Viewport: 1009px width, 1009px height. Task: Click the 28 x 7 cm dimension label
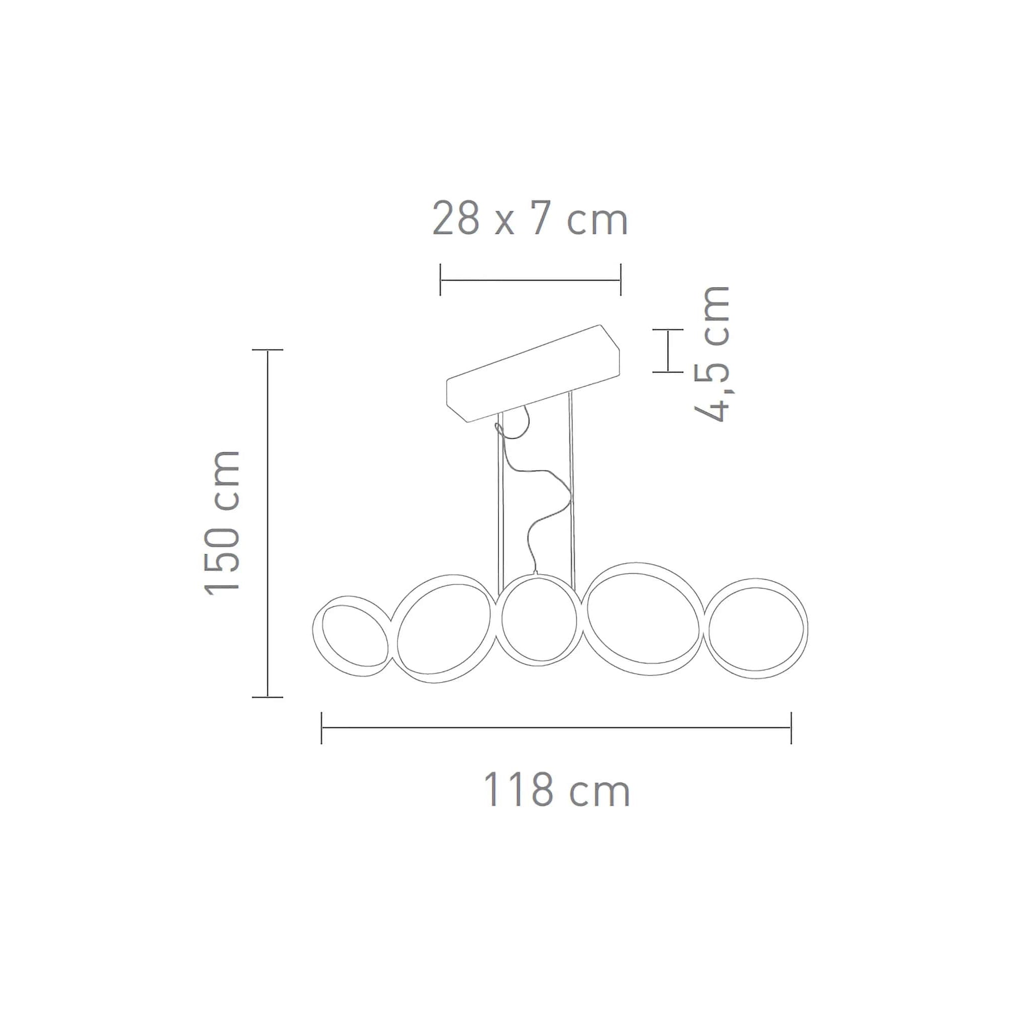[530, 220]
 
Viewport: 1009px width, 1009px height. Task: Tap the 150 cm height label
[222, 523]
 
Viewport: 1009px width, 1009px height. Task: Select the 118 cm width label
[557, 790]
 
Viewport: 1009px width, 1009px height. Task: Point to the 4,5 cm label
[711, 354]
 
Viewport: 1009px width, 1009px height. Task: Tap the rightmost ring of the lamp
[806, 627]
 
